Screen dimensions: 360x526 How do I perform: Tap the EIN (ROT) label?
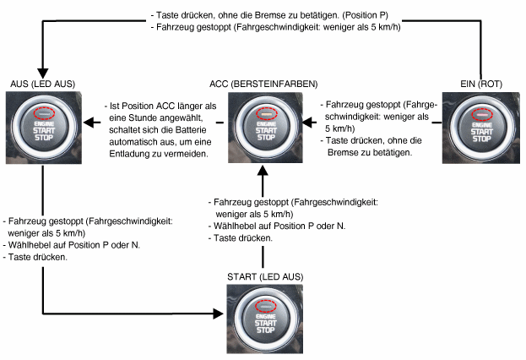[479, 85]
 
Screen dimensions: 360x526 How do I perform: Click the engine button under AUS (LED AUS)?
[41, 126]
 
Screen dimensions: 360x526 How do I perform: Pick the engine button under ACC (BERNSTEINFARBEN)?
[263, 126]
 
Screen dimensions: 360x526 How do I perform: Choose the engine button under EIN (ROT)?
[480, 126]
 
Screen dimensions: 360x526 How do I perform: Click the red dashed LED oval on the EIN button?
[480, 112]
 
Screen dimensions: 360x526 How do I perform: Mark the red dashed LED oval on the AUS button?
[41, 112]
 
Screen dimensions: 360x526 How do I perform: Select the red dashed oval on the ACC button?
[263, 112]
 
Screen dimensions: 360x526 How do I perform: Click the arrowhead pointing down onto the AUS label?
[41, 74]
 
